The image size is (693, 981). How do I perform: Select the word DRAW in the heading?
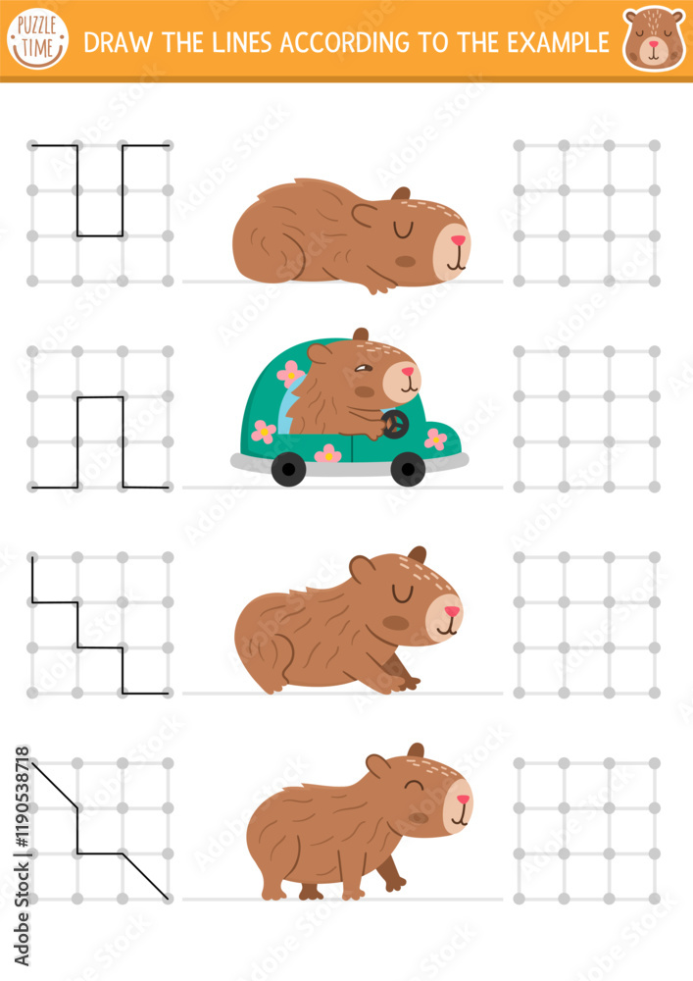110,42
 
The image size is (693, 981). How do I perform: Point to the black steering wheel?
395,424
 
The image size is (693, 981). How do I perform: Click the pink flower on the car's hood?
435,439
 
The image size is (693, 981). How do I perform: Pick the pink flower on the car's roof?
290,372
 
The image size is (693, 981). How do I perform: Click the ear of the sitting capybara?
361,567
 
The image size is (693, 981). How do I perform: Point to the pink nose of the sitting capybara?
451,610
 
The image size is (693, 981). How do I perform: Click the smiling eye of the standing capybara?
416,787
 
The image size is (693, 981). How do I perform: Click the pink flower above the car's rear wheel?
328,453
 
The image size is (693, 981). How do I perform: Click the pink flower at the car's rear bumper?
263,431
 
